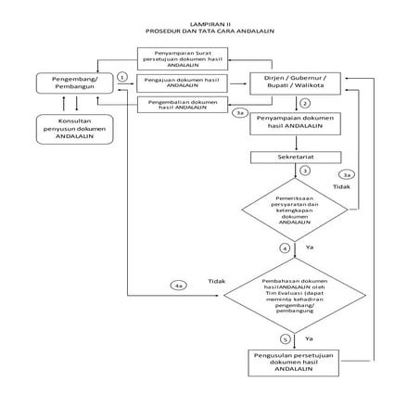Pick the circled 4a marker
pos(178,285)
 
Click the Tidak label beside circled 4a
pos(216,280)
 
